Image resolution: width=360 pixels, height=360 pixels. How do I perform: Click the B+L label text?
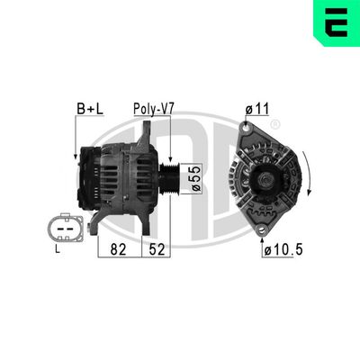coord(88,109)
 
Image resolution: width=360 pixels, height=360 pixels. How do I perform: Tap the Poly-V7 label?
coord(153,109)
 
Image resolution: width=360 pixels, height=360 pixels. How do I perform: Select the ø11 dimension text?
coord(256,109)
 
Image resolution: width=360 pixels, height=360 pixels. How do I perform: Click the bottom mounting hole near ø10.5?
coord(263,231)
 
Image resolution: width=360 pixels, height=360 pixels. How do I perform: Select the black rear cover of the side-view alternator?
coord(90,175)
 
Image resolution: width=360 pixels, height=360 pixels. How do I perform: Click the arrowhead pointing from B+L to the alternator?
coord(76,157)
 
